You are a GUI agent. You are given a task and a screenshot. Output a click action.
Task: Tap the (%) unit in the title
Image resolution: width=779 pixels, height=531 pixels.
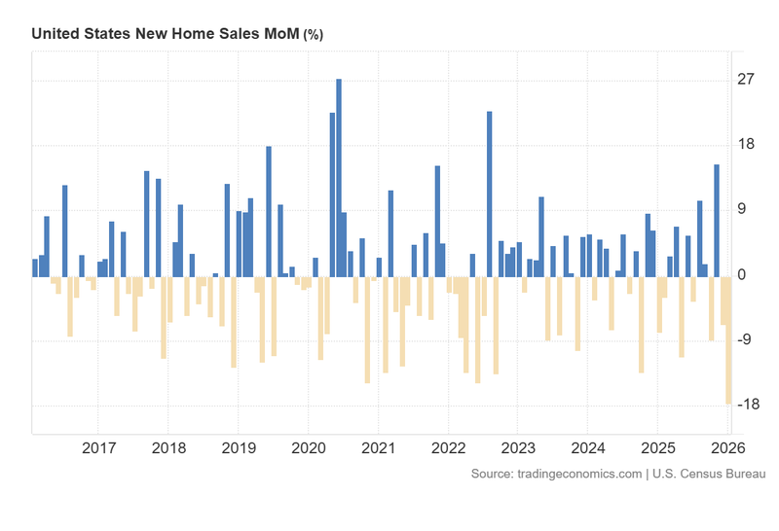tap(314, 34)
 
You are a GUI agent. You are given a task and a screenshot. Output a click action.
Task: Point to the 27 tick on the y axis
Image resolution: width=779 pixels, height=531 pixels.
tap(745, 80)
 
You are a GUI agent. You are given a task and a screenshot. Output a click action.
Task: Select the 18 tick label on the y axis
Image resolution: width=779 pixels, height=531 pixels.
tap(745, 145)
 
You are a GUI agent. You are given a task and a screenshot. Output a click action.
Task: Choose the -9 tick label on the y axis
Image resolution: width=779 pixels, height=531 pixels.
tap(745, 340)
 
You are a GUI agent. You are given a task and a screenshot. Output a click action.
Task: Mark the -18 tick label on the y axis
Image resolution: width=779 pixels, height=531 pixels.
tap(745, 406)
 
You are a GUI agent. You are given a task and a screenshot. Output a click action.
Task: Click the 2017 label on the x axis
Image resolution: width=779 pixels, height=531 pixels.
tap(98, 448)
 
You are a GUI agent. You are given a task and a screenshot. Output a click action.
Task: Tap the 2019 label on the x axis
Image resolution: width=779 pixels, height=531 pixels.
tap(239, 448)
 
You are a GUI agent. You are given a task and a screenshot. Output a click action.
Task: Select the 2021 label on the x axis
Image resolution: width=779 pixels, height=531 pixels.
tap(378, 448)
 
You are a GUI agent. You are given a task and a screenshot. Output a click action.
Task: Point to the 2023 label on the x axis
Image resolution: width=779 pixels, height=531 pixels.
tap(517, 448)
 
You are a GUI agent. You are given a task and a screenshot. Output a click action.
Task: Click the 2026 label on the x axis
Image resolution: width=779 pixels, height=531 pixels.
tap(726, 448)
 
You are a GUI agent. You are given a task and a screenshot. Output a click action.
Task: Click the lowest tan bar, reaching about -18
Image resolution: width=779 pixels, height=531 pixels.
tap(728, 339)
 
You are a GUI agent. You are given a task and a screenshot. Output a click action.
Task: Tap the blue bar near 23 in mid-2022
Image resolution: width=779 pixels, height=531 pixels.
tap(489, 194)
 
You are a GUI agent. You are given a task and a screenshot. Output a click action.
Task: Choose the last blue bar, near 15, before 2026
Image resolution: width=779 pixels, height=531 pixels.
tap(717, 220)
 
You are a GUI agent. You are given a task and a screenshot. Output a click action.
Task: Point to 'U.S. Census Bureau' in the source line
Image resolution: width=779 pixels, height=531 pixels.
tap(709, 474)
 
